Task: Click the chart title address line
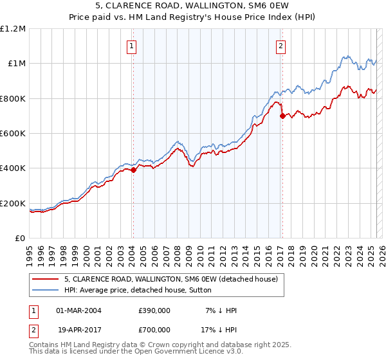click(193, 7)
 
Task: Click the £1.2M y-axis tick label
click(14, 29)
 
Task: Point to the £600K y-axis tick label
click(12, 134)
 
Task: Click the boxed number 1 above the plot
click(132, 46)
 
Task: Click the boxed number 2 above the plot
click(281, 46)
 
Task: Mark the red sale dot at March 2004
click(133, 170)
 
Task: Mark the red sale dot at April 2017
click(282, 116)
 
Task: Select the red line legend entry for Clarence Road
click(170, 279)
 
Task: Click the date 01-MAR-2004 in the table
click(79, 310)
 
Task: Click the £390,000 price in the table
click(154, 310)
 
